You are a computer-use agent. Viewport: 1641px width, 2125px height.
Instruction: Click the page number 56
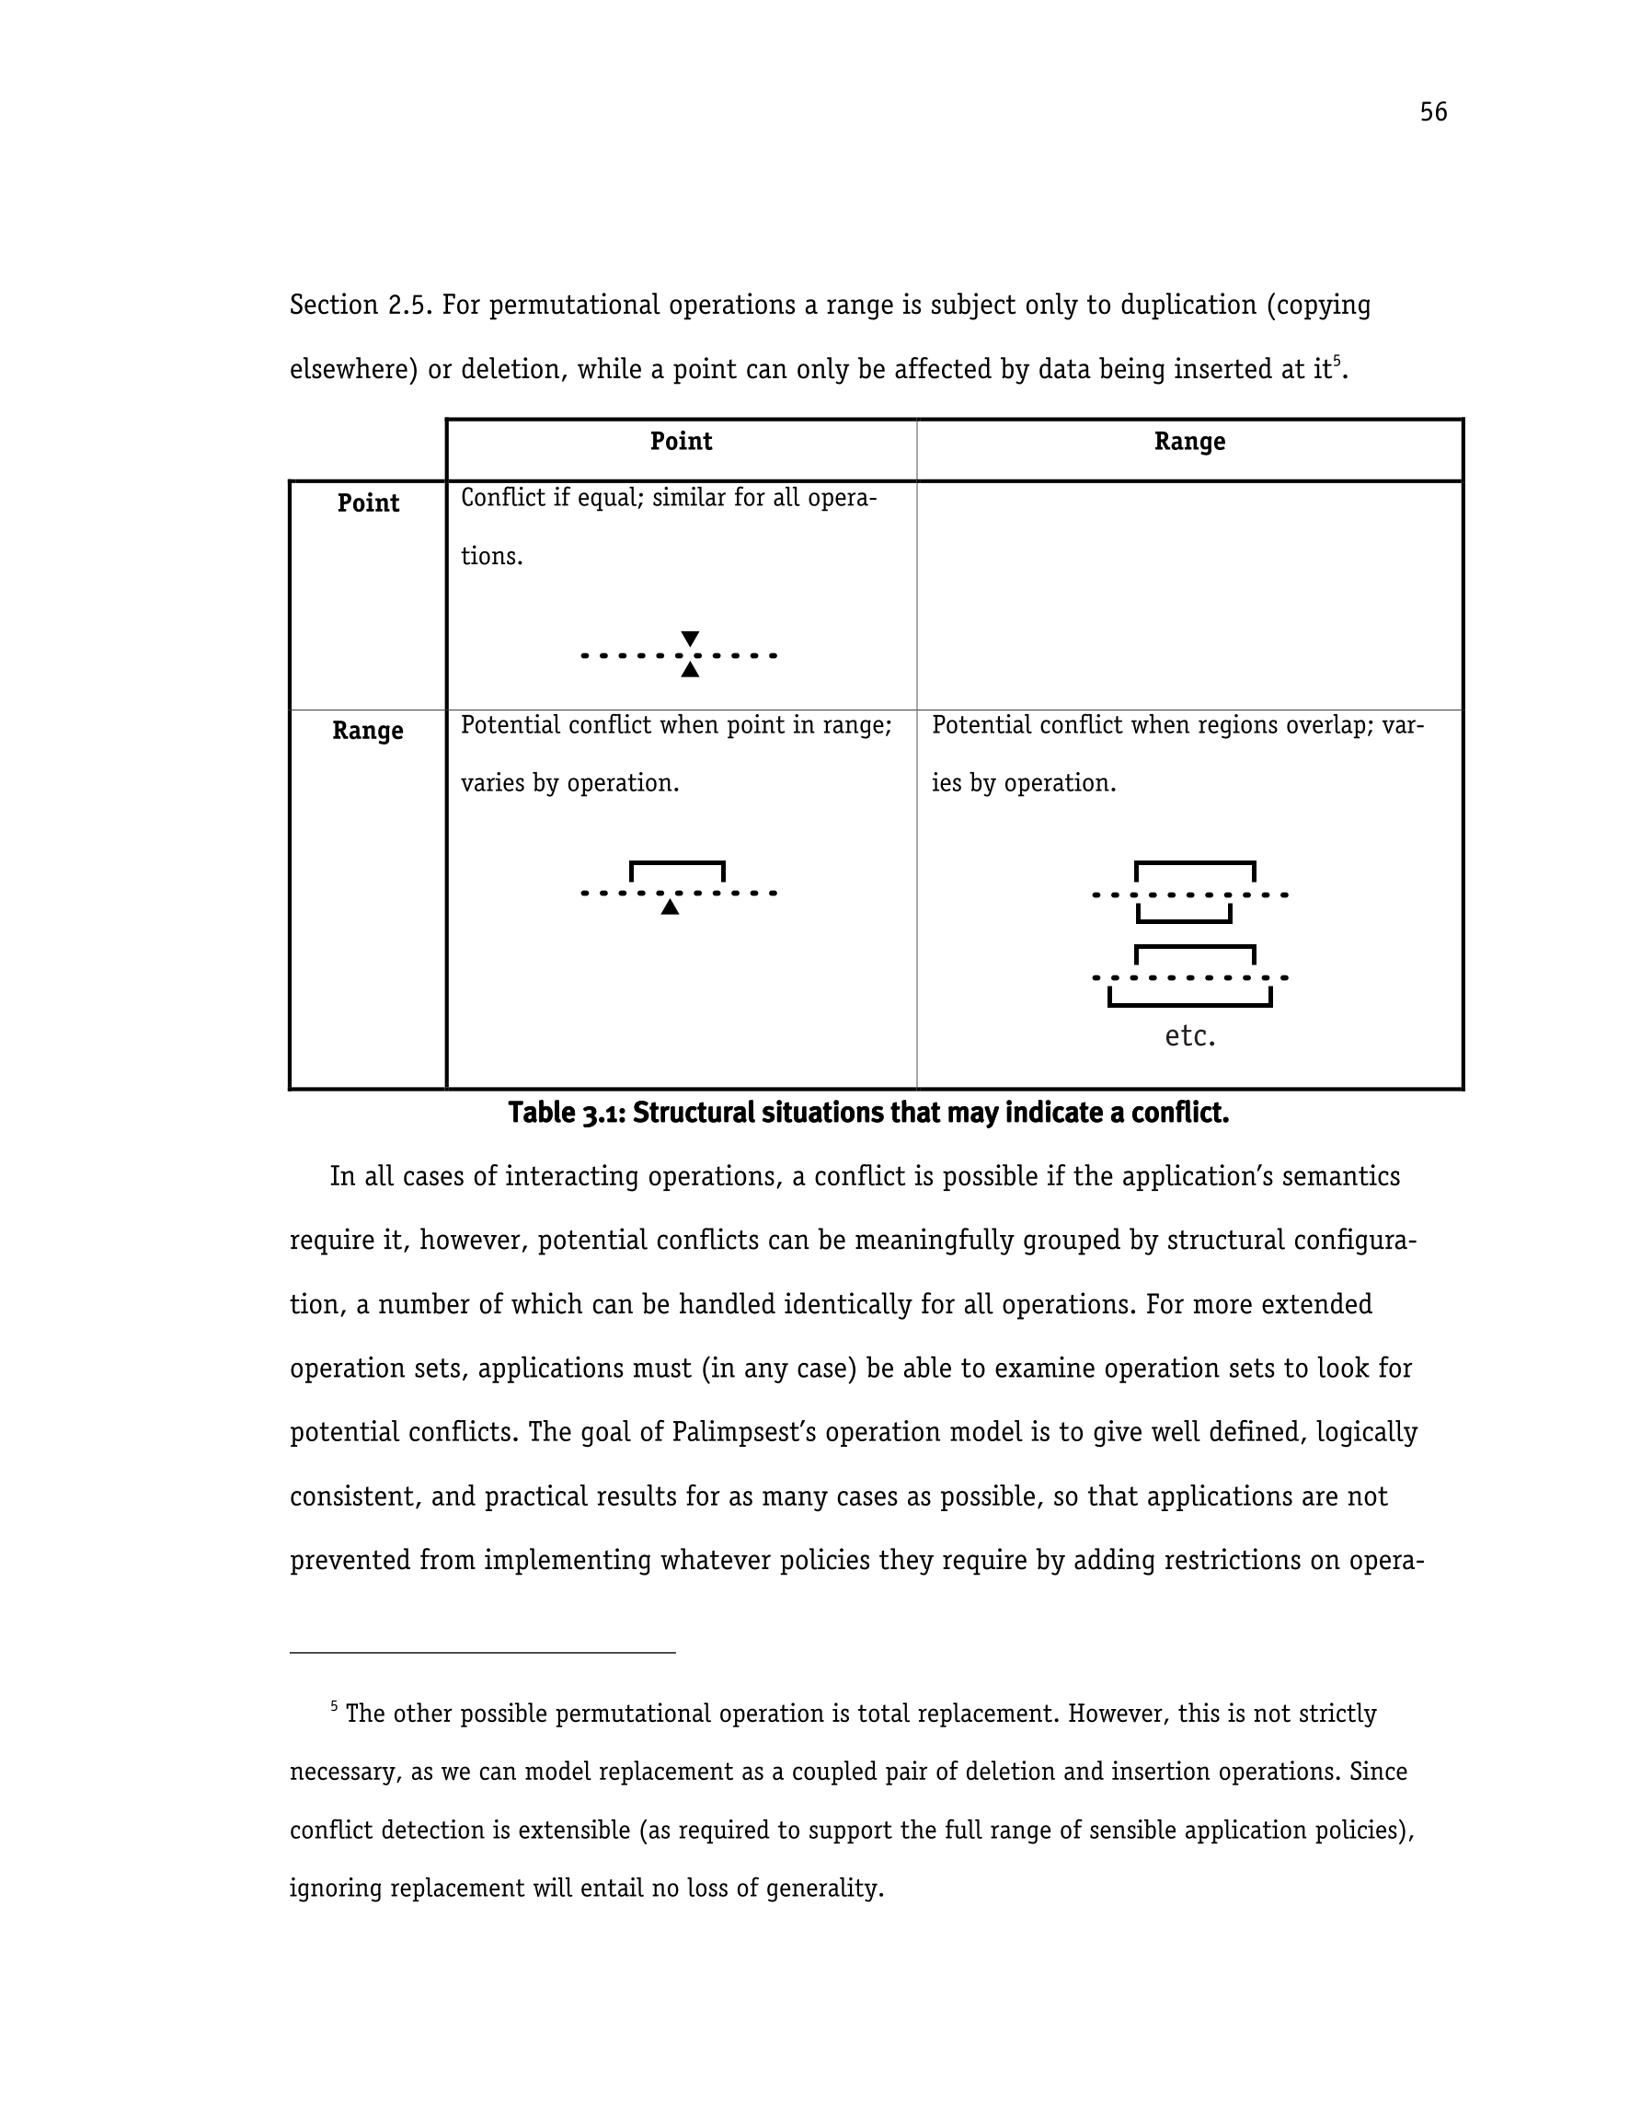(x=1433, y=112)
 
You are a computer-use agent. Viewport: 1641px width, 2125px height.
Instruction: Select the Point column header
(x=681, y=442)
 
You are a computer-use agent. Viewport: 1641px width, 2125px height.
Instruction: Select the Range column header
(x=1188, y=442)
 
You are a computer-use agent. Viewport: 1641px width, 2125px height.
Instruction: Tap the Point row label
(x=368, y=503)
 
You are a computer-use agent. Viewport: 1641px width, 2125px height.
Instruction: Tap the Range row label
(x=367, y=731)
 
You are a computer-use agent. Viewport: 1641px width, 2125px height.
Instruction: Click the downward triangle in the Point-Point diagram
(x=690, y=639)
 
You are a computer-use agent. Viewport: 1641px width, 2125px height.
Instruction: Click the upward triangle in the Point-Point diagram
(x=690, y=669)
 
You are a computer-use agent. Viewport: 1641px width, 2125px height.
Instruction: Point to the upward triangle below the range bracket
(x=670, y=907)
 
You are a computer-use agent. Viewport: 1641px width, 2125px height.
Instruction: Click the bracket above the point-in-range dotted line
(x=677, y=864)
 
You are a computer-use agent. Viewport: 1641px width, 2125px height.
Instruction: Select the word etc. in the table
(x=1189, y=1036)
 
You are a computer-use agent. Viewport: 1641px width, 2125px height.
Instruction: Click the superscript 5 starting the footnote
(x=334, y=1704)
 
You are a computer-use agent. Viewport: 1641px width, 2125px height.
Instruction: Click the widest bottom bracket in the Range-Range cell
(x=1189, y=1002)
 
